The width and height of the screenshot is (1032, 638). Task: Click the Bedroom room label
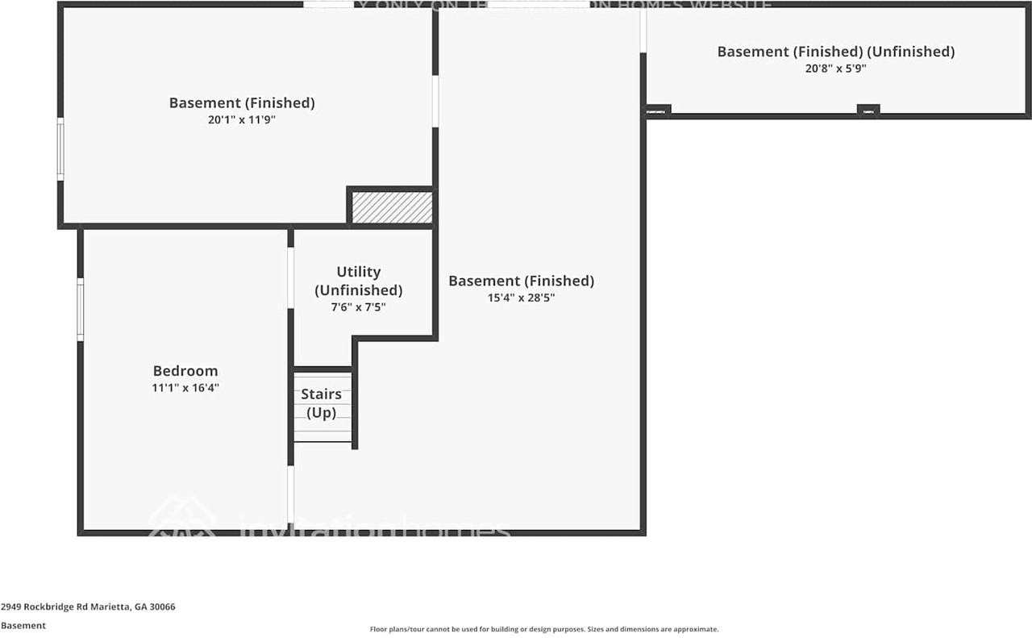(x=185, y=371)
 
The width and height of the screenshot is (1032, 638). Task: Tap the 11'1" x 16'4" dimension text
(x=185, y=388)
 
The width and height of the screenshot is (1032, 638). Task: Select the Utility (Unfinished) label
(x=358, y=281)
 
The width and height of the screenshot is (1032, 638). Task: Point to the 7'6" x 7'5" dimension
(x=358, y=307)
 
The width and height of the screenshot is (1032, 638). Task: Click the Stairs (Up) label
(x=321, y=403)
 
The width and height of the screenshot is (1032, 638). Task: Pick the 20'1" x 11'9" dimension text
(x=241, y=120)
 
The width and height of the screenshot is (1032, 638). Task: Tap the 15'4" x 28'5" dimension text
(x=521, y=298)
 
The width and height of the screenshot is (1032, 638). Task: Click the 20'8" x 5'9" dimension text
(x=835, y=69)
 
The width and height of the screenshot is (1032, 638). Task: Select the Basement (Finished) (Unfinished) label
(x=835, y=52)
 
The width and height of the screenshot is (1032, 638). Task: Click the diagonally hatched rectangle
(x=392, y=207)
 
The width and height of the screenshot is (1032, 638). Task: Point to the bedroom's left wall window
(x=81, y=309)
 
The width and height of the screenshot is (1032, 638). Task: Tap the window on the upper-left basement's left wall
(x=60, y=148)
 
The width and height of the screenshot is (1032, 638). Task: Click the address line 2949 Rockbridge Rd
(x=88, y=607)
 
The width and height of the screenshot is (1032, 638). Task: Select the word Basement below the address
(x=23, y=625)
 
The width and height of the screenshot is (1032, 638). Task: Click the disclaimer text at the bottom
(x=543, y=629)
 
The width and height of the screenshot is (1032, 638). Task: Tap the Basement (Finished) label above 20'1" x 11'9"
(x=241, y=103)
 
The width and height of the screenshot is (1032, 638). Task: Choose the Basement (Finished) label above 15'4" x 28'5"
(x=521, y=281)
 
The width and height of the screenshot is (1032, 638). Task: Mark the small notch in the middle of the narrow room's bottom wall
(x=868, y=111)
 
